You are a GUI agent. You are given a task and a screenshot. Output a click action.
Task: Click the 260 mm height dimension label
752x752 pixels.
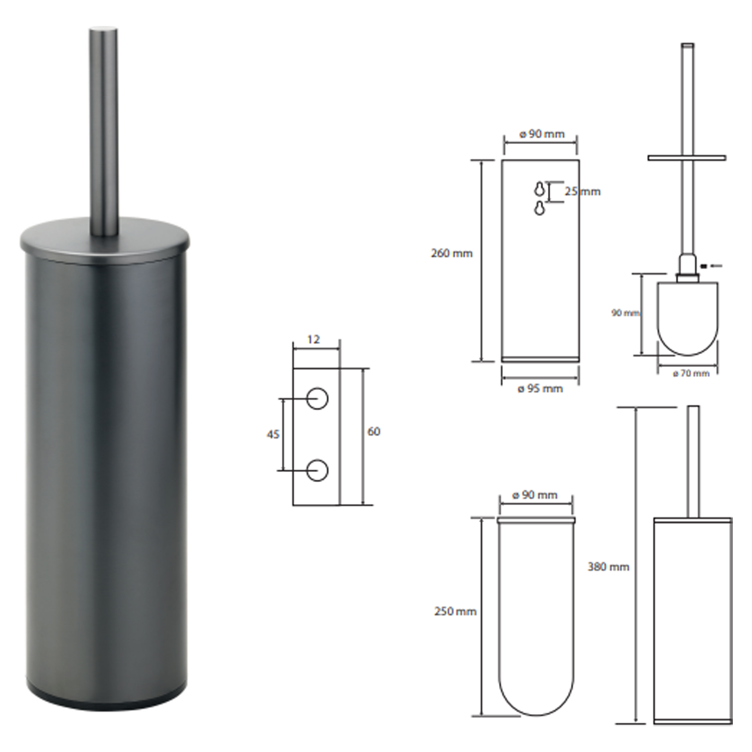click(452, 253)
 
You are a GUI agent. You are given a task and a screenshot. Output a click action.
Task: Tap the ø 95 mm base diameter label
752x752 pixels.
click(540, 388)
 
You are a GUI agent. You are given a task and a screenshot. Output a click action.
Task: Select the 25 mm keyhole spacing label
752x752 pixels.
click(583, 191)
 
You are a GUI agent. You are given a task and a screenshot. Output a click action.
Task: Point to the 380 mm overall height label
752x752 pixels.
click(608, 567)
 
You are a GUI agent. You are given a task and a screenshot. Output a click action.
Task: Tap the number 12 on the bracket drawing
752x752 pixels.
click(313, 340)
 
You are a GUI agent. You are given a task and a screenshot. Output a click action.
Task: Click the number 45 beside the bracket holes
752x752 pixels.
click(273, 434)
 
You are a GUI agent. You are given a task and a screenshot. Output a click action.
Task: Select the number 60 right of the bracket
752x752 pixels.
click(374, 431)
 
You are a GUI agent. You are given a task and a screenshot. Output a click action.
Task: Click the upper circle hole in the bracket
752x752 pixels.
click(317, 399)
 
